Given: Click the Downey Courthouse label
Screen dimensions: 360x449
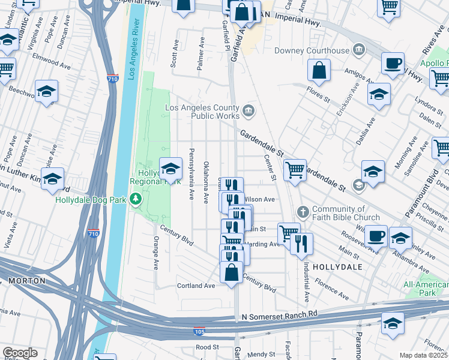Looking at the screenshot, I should pos(312,50).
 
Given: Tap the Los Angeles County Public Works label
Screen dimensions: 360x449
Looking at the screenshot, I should pos(202,112).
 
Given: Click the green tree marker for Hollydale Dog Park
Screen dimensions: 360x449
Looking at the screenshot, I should pos(137,199).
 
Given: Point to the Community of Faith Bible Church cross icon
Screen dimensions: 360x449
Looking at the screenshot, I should pos(303,212).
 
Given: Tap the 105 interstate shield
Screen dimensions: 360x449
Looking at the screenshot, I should pos(199,331).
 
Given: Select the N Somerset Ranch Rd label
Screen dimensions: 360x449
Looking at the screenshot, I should pos(279,315).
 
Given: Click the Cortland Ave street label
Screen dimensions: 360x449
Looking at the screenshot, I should pos(196,286).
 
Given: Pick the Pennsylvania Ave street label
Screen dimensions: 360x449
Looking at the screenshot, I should pos(191,174).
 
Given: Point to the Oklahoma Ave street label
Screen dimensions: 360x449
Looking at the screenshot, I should pos(206,181).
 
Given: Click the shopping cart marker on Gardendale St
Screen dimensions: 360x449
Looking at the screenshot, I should pos(295,170).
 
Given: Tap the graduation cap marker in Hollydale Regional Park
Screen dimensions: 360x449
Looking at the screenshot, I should pos(170,169).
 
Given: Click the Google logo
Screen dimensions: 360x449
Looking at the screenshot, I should pos(20,353).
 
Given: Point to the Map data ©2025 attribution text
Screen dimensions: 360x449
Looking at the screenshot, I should pos(423,355).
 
